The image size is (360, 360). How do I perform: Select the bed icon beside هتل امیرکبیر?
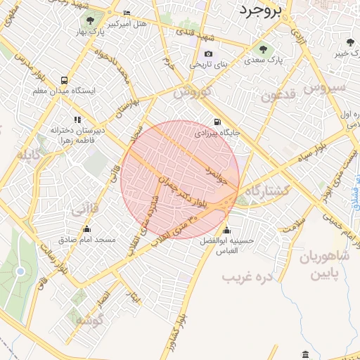pos(126,13)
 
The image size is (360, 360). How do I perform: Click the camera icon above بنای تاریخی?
pos(207,54)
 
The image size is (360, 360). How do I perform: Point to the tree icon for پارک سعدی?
pos(263,49)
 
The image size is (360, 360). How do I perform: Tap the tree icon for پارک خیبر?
pos(349,44)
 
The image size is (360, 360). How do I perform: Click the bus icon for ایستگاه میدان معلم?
pos(64,81)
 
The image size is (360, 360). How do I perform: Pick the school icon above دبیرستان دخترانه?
pos(77,120)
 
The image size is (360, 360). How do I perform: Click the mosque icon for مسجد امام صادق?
pos(86,229)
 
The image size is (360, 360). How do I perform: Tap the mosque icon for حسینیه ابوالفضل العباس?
pos(226,229)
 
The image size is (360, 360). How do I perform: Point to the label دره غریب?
pos(247,277)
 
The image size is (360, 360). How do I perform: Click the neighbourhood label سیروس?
pos(324,87)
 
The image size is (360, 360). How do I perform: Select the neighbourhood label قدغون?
pos(281,96)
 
